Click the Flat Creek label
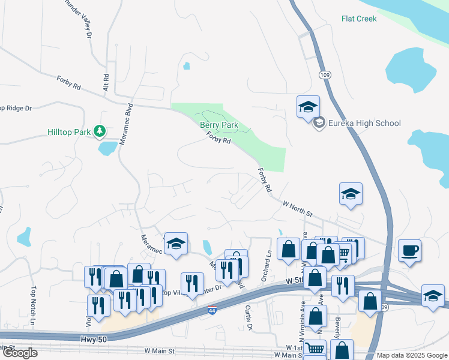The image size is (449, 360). pyautogui.click(x=359, y=19)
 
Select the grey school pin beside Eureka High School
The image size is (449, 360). pyautogui.click(x=319, y=123)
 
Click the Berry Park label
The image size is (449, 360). pyautogui.click(x=219, y=125)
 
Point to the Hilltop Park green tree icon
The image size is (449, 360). pyautogui.click(x=100, y=130)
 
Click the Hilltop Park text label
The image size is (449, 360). pyautogui.click(x=69, y=131)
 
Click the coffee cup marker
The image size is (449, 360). pyautogui.click(x=409, y=250)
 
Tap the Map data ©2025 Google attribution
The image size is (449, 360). pyautogui.click(x=411, y=355)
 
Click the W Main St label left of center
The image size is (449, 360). pyautogui.click(x=159, y=350)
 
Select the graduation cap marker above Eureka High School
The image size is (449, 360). pyautogui.click(x=308, y=106)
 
